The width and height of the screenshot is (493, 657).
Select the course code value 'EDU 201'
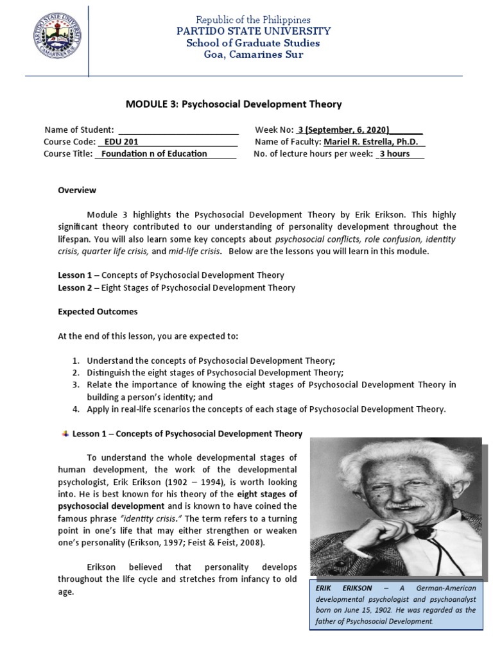tap(121, 142)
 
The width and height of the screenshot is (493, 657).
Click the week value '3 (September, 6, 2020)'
tap(343, 130)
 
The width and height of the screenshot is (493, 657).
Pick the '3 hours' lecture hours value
tap(394, 154)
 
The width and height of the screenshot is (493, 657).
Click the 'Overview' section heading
tap(77, 190)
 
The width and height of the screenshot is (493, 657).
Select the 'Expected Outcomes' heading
tap(98, 312)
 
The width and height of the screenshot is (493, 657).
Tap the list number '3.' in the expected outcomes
tap(75, 385)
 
